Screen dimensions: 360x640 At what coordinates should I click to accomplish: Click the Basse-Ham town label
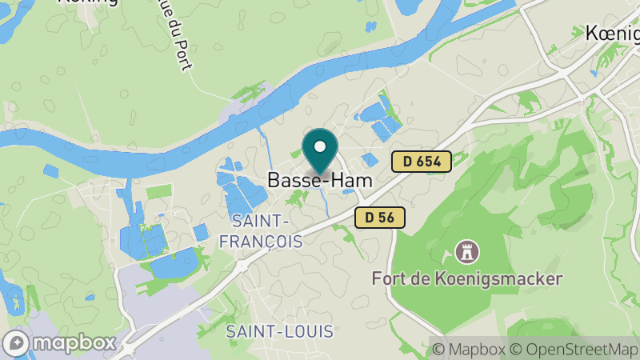[x=319, y=181]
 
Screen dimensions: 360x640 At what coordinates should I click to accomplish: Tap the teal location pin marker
[x=320, y=152]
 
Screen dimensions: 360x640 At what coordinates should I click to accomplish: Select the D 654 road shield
[x=422, y=162]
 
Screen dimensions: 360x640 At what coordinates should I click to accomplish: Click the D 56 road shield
[x=380, y=217]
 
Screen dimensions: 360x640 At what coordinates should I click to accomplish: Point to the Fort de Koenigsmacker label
[x=467, y=279]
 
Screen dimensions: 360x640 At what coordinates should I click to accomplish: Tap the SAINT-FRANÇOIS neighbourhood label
[x=266, y=230]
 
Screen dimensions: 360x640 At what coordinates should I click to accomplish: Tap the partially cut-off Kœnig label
[x=612, y=34]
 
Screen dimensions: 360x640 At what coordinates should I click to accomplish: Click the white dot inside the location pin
[x=320, y=146]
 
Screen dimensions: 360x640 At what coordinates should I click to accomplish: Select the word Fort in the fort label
[x=387, y=279]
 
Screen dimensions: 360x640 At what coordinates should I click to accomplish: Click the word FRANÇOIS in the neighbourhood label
[x=266, y=240]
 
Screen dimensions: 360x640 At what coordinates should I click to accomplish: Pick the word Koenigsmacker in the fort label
[x=497, y=279]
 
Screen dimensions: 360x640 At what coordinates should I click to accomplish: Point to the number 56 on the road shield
[x=387, y=217]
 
